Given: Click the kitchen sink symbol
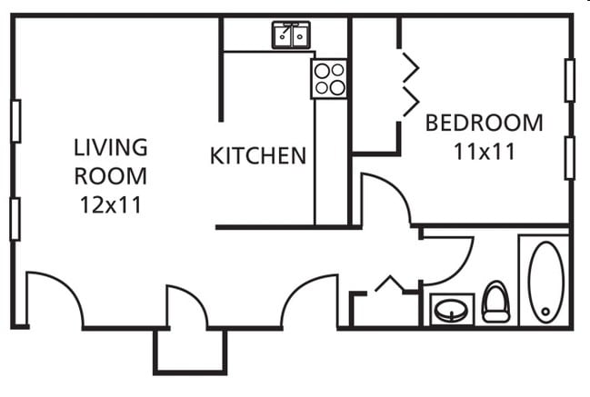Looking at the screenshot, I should [x=292, y=35].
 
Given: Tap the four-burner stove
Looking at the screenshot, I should [x=329, y=78].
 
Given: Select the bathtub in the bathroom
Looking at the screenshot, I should [x=545, y=280].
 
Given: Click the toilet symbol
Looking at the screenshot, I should [x=495, y=303].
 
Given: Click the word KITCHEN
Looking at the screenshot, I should [x=258, y=155].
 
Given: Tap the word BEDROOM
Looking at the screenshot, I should [x=484, y=122].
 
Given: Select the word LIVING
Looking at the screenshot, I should [x=111, y=146].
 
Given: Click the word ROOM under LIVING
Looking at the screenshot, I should [x=110, y=175].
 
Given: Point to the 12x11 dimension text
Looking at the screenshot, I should [x=110, y=204].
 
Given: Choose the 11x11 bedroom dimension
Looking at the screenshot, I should [x=485, y=151].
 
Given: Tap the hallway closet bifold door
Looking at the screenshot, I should [x=389, y=284].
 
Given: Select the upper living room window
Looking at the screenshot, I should [x=15, y=120].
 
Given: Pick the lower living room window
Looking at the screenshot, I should [x=15, y=218].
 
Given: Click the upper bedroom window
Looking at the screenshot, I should [x=569, y=80].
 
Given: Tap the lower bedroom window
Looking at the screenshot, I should [x=569, y=157].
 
